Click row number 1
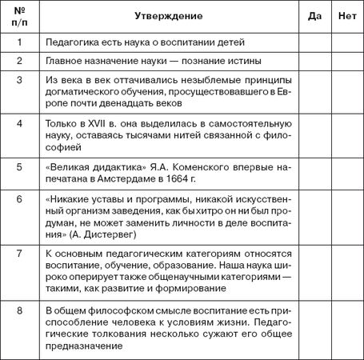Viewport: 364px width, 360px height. pos(19,41)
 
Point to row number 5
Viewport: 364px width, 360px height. pos(19,169)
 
